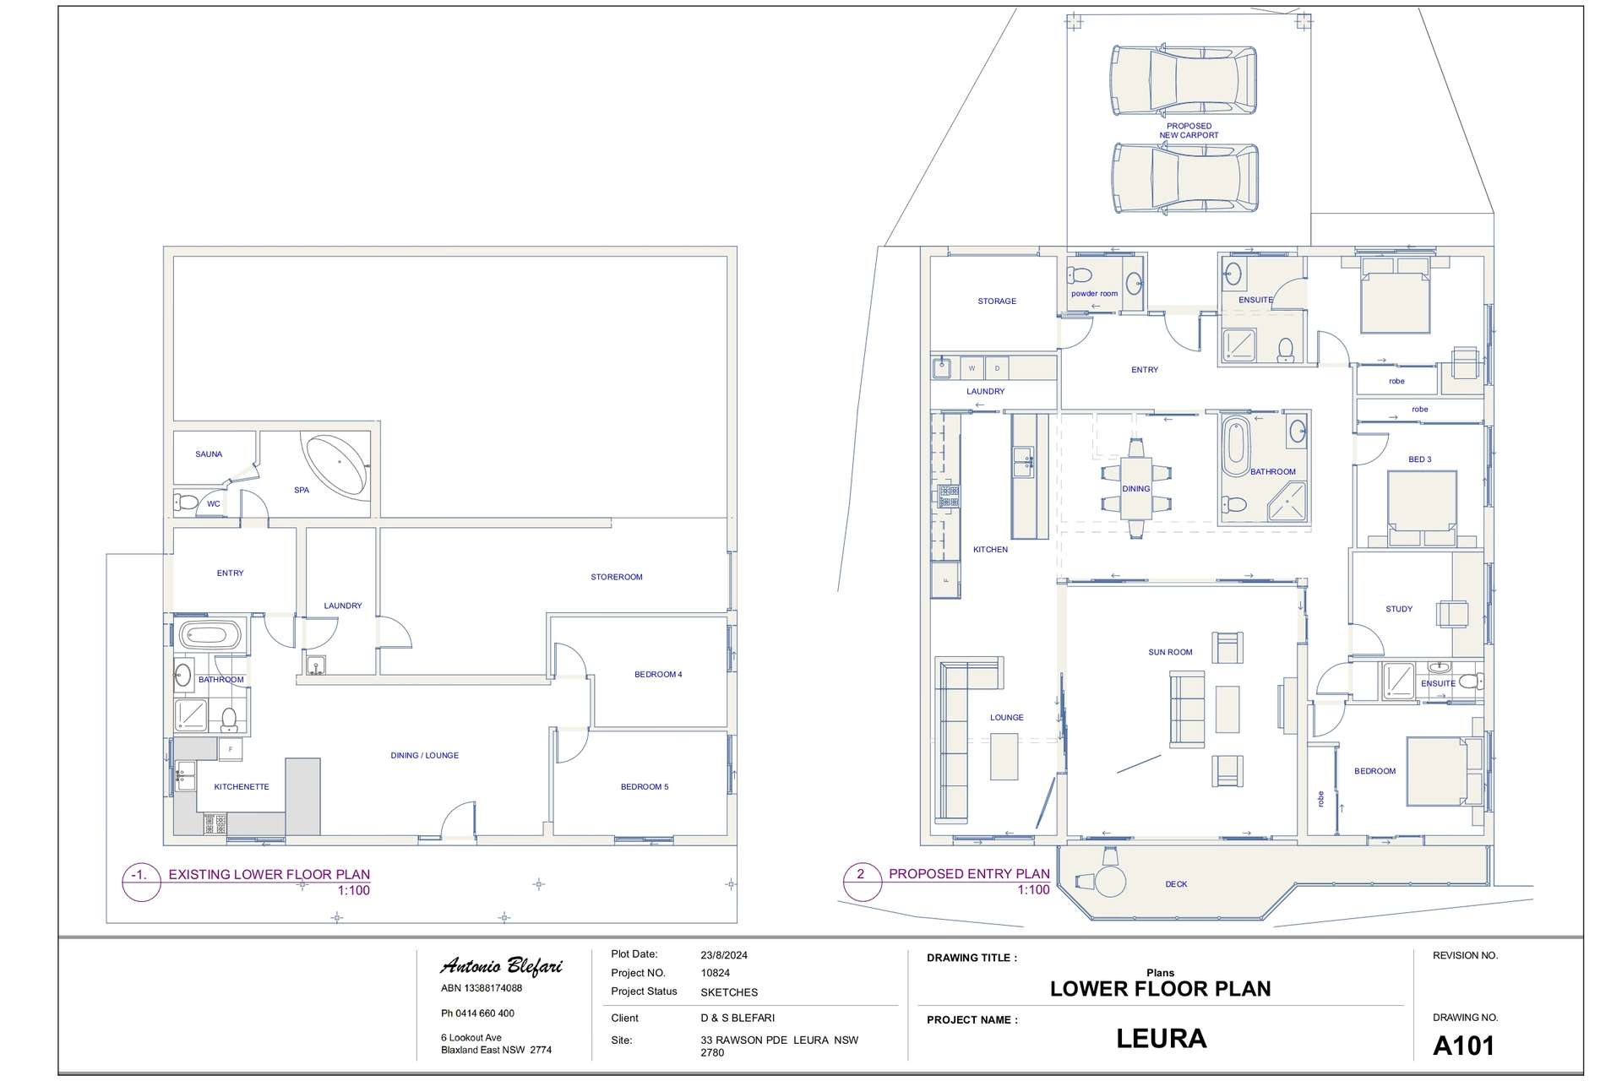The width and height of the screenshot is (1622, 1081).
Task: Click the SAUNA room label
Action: tap(209, 454)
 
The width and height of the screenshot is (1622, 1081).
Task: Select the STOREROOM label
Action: tap(617, 577)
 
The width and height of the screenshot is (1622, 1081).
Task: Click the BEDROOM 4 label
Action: tap(658, 674)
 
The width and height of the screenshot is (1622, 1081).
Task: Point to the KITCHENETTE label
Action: tap(242, 787)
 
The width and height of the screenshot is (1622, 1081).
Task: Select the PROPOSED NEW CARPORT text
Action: tap(1189, 131)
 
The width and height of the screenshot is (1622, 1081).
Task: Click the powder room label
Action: tap(1094, 294)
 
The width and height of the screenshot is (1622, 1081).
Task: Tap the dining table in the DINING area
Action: tap(1135, 488)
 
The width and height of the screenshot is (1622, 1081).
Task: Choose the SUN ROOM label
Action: tap(1170, 652)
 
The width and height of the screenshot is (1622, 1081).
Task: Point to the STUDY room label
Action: tap(1399, 609)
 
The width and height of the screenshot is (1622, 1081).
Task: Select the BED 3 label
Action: tap(1420, 459)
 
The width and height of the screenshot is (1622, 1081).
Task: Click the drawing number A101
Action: tap(1464, 1046)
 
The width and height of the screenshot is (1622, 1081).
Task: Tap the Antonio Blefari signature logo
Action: tap(501, 966)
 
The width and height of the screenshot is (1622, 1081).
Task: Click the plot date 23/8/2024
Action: tap(724, 956)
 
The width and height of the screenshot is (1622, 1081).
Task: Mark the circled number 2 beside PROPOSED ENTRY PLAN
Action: tap(861, 875)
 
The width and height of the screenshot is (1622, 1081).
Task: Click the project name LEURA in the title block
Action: tap(1161, 1039)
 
